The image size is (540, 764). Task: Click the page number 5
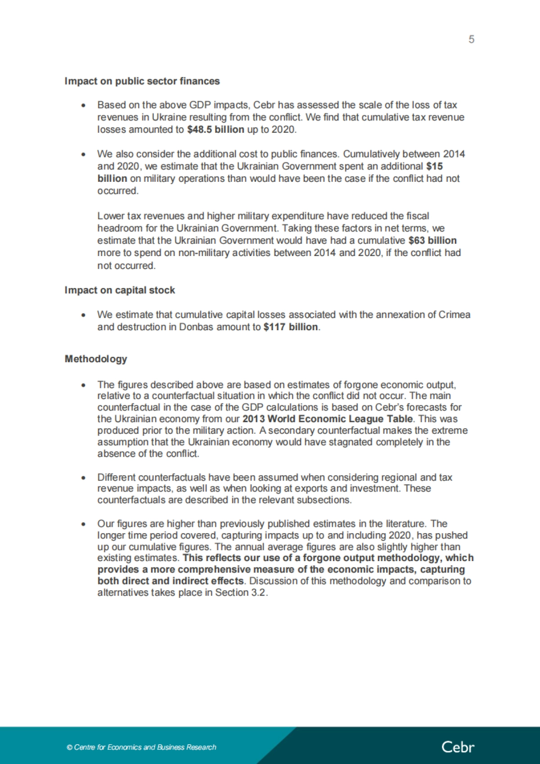(471, 40)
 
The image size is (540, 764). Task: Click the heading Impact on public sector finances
(142, 81)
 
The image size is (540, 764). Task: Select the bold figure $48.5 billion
(216, 130)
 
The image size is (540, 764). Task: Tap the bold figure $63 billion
(432, 241)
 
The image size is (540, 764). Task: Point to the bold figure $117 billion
(291, 327)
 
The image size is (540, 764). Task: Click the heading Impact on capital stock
(120, 290)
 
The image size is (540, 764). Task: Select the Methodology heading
(96, 359)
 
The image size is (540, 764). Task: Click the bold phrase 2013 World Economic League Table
(328, 419)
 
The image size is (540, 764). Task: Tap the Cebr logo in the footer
(458, 747)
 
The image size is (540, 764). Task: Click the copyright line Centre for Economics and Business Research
(142, 747)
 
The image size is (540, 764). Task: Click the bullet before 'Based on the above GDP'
(83, 105)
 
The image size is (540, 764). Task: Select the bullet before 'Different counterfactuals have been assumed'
(83, 477)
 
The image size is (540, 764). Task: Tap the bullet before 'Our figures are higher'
(83, 524)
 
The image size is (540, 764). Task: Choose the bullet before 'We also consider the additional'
(83, 154)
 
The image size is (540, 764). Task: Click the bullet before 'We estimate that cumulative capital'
(83, 315)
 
